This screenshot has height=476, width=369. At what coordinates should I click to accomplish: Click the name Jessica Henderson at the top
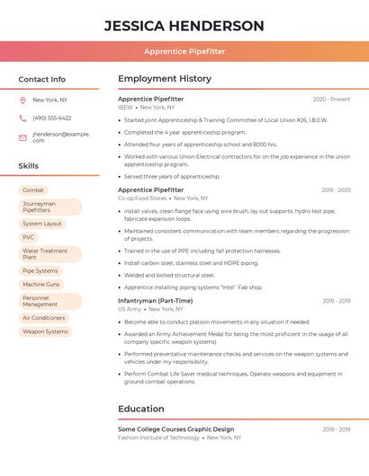[x=184, y=26]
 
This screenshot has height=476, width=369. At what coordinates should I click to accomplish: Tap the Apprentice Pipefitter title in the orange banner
[x=184, y=51]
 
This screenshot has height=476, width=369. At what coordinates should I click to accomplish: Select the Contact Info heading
[x=42, y=79]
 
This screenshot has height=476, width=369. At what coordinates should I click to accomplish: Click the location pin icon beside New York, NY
[x=22, y=100]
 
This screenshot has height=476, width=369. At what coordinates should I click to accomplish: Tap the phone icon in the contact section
[x=22, y=118]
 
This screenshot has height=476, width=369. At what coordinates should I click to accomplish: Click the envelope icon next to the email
[x=22, y=137]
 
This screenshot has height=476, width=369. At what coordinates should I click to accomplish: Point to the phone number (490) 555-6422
[x=52, y=118]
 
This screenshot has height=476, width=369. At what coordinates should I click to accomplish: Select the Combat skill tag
[x=33, y=190]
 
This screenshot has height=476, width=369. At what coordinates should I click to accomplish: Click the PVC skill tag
[x=29, y=237]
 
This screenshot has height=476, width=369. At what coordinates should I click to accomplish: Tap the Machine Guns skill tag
[x=41, y=284]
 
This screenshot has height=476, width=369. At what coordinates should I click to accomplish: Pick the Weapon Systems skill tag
[x=45, y=331]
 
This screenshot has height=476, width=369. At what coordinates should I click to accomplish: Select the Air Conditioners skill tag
[x=44, y=318]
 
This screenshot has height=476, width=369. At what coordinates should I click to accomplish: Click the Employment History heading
[x=165, y=79]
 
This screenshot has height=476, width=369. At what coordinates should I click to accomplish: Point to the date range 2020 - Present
[x=331, y=100]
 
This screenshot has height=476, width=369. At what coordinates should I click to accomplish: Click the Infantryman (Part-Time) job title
[x=155, y=301]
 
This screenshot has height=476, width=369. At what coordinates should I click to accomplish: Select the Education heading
[x=140, y=409]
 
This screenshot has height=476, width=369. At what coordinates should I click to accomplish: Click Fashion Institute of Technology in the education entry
[x=158, y=437]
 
